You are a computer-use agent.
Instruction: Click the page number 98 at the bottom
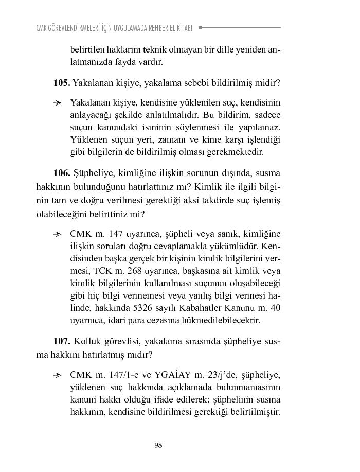(x=158, y=446)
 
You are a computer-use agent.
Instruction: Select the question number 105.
(x=61, y=82)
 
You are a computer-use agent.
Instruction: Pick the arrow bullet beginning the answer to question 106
(x=58, y=234)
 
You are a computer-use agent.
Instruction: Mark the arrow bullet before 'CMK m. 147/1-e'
(x=58, y=375)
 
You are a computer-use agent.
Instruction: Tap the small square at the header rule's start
(x=200, y=27)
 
